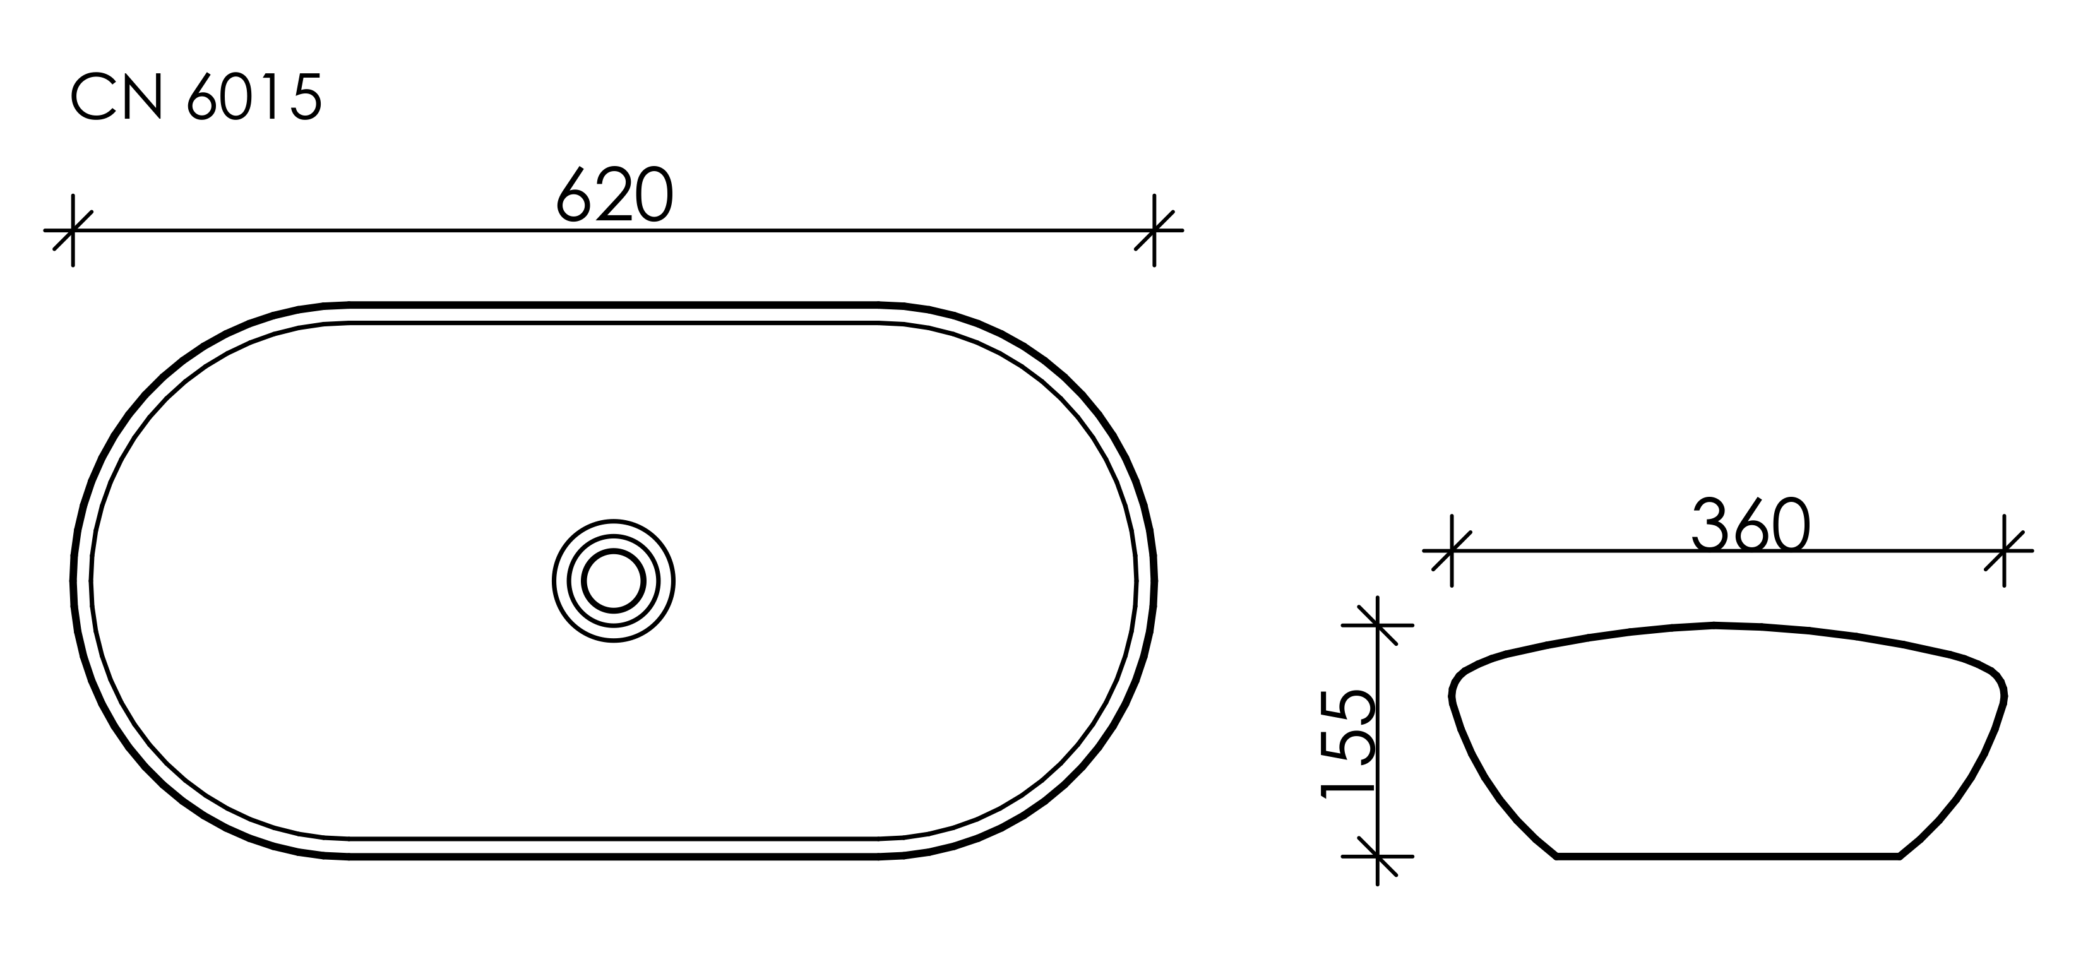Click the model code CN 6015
click(x=196, y=97)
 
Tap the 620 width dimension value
click(x=615, y=194)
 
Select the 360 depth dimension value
click(x=1750, y=523)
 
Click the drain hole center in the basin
click(x=614, y=581)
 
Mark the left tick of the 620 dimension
click(x=73, y=230)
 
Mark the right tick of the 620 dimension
click(x=1154, y=230)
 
